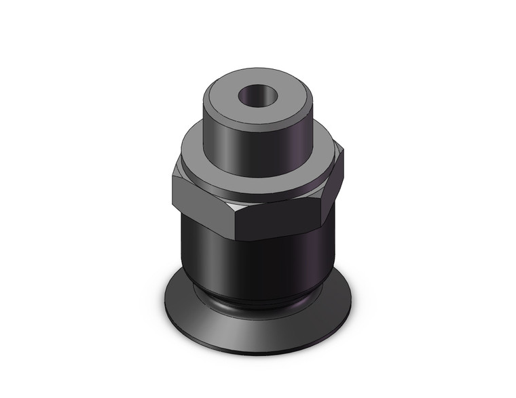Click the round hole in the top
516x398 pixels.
256,95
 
